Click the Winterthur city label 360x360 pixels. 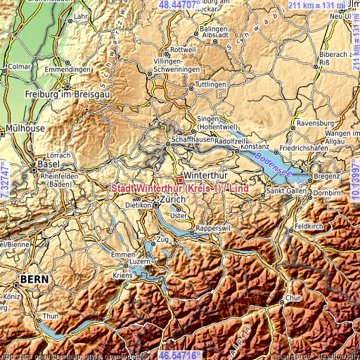click(x=203, y=176)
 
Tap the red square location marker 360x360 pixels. click(x=180, y=180)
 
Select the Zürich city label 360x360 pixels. click(x=173, y=200)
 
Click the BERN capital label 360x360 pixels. click(x=34, y=279)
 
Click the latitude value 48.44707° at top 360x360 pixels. click(x=179, y=5)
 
